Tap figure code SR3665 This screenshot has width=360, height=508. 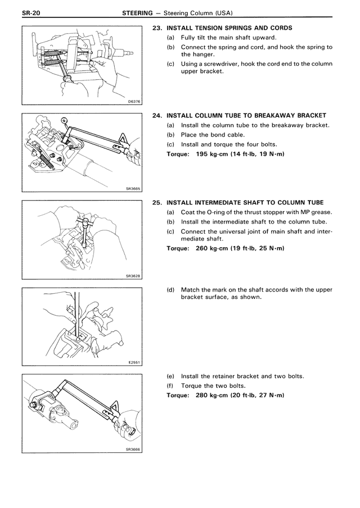133,189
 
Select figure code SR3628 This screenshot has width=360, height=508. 133,276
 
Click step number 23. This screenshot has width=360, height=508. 157,28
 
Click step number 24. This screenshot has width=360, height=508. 157,115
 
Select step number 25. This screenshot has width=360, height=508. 157,202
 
